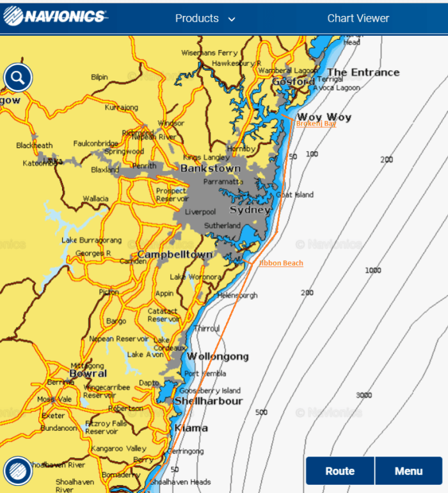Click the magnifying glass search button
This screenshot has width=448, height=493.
18,78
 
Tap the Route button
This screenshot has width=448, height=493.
340,471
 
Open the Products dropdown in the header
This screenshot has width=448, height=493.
205,19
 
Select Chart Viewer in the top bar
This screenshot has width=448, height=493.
358,19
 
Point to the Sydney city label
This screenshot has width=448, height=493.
250,210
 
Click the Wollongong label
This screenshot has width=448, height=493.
218,357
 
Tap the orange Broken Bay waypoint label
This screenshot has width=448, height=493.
316,124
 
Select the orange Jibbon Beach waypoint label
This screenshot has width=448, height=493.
281,263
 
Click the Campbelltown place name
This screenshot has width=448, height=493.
175,255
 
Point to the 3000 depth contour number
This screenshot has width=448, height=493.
364,395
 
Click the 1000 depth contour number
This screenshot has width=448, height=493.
372,270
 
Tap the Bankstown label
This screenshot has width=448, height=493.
210,168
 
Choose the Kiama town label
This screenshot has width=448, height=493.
191,428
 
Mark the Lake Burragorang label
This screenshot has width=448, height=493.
91,240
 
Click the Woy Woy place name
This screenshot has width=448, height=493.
324,117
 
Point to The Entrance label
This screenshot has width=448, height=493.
363,72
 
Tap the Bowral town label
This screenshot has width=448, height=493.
88,373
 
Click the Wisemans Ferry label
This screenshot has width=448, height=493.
209,53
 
